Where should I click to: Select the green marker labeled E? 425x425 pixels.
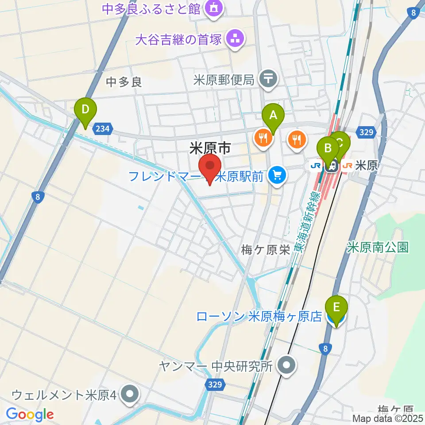tap(336, 307)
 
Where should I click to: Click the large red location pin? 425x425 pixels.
tap(210, 167)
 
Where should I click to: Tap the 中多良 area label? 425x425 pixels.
tap(124, 81)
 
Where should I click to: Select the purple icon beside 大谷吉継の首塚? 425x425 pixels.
tap(235, 39)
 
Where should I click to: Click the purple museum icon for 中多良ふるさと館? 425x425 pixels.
tap(214, 8)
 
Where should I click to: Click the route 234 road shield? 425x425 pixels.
tap(102, 128)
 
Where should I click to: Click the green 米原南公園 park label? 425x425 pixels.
tap(378, 247)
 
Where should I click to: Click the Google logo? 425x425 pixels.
tap(30, 414)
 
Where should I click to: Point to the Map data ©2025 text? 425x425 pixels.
tap(387, 418)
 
